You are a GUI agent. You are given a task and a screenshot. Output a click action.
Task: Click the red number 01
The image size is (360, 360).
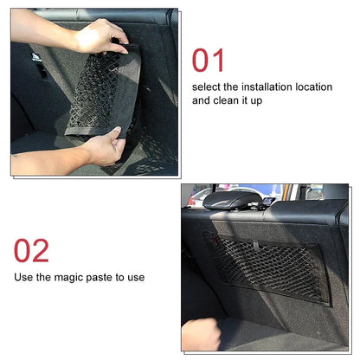coord(209,61)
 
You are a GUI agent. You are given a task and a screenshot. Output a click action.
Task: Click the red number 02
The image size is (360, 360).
coord(31,250)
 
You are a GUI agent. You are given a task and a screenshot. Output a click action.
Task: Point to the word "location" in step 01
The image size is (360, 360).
coord(313,87)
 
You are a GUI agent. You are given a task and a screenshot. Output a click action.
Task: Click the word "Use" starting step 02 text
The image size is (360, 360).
coord(23,277)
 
